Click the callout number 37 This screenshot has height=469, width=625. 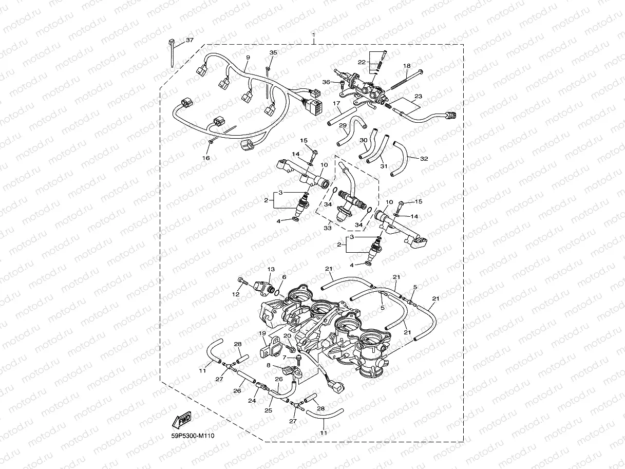(x=190, y=40)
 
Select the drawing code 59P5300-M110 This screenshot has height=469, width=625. (x=193, y=436)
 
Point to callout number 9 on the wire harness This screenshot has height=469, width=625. (x=248, y=57)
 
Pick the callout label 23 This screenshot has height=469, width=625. (x=418, y=96)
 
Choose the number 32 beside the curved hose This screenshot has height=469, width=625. (x=424, y=159)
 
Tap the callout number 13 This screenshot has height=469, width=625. (x=271, y=269)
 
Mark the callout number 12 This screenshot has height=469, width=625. (x=236, y=294)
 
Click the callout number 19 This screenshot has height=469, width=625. (x=262, y=333)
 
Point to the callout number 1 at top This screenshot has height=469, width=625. (x=313, y=35)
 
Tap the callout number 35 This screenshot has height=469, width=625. (x=273, y=52)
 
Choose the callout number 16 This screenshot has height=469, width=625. (x=206, y=158)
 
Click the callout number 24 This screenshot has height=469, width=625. (x=252, y=401)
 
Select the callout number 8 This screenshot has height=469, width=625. (x=268, y=365)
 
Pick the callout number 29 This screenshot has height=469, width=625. (x=343, y=125)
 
